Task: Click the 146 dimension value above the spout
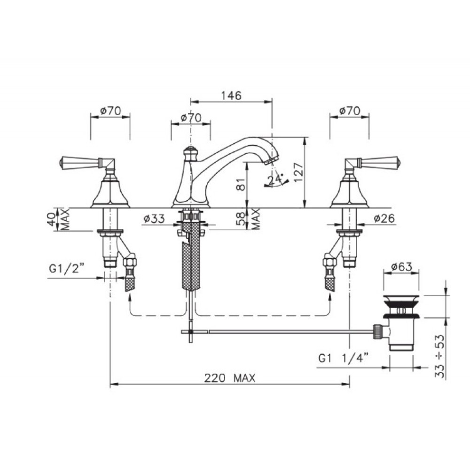pos(231,95)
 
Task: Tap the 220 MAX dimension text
pos(230,378)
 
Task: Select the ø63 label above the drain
pos(402,266)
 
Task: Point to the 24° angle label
pos(275,179)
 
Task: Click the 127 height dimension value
pos(298,172)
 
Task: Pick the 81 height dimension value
pos(241,184)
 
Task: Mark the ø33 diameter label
pos(154,219)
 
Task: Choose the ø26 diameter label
pos(384,219)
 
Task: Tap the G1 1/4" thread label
pos(343,358)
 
